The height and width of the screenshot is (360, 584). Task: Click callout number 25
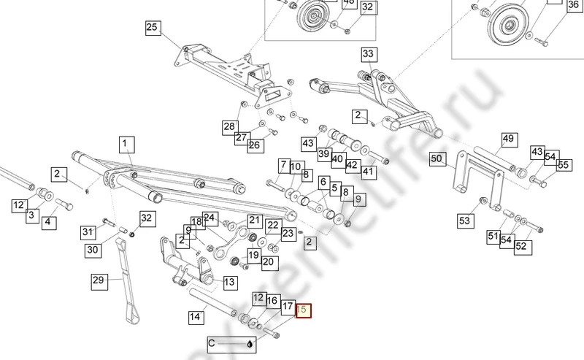[152, 28]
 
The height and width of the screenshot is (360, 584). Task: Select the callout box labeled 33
[368, 54]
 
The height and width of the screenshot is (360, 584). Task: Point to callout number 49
[509, 139]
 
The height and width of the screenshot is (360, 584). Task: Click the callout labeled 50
[437, 158]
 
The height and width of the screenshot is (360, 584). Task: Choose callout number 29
[99, 280]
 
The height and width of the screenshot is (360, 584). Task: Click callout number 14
[195, 317]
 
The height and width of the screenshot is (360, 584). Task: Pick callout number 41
[368, 172]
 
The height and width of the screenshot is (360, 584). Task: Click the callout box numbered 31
[88, 232]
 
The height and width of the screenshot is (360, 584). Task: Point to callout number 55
[563, 166]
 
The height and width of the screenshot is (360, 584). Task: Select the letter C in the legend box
[212, 343]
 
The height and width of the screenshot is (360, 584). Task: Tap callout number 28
[230, 127]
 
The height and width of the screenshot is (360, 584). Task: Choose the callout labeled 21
[254, 220]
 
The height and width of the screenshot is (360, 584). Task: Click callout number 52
[520, 247]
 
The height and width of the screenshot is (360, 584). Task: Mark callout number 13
[229, 282]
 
